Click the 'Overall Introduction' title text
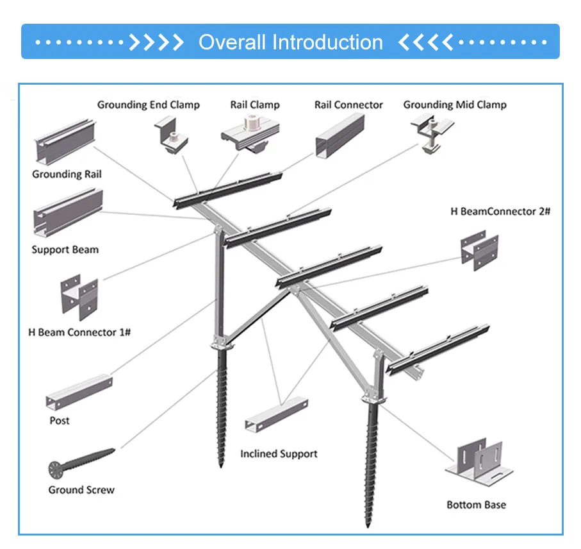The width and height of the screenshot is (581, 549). tap(290, 42)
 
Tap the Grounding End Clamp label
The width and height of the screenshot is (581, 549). tap(148, 105)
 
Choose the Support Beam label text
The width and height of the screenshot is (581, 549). tap(65, 249)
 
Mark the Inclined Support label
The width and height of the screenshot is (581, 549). tap(279, 453)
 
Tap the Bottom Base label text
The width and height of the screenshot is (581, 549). tap(476, 505)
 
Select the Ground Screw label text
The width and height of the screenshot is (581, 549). tap(81, 490)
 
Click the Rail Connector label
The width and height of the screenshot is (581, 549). tap(348, 105)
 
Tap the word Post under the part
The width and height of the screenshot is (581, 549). tap(60, 421)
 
